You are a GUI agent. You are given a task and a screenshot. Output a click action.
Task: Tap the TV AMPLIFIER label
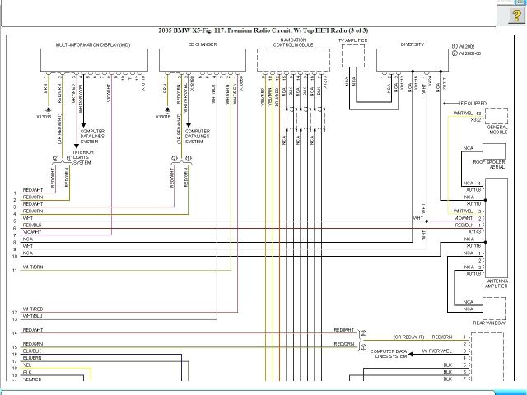[x=353, y=39]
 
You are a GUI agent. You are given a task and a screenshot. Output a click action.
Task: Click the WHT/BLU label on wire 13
[x=33, y=316]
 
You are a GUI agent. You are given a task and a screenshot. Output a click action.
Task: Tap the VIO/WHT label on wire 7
[x=32, y=232]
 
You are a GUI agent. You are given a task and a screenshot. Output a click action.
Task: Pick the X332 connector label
[x=476, y=119]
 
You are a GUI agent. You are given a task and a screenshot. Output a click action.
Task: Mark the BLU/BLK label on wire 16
[x=32, y=351]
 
